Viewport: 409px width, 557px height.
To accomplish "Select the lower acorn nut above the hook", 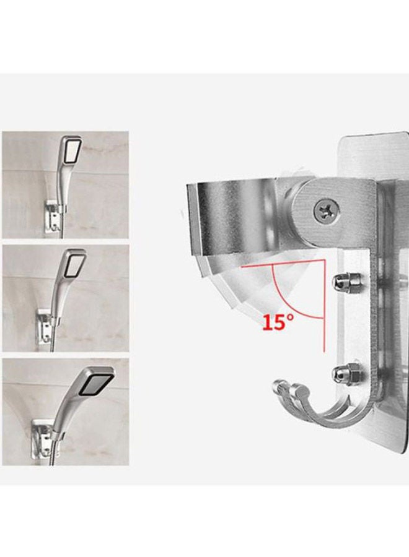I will pyautogui.click(x=342, y=373).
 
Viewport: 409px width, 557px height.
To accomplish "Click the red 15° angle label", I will pyautogui.click(x=276, y=323).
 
